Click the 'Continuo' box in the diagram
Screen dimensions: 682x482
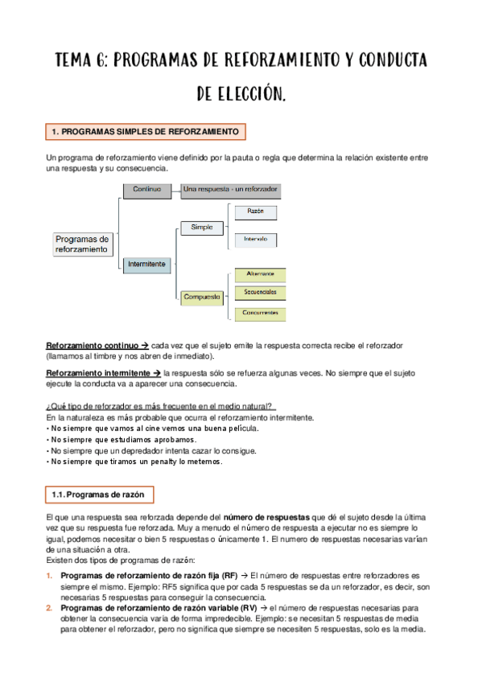(x=147, y=189)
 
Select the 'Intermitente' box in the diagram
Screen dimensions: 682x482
(x=146, y=263)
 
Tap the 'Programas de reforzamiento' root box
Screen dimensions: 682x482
(x=83, y=244)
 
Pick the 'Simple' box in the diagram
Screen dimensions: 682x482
(x=202, y=228)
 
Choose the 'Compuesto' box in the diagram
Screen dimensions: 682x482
(x=202, y=297)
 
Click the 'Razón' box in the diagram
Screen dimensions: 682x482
(x=256, y=212)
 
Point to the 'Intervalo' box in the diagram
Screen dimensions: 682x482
(x=256, y=240)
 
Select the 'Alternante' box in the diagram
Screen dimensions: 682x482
(x=260, y=274)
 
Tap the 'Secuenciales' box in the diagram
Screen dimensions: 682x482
(x=260, y=292)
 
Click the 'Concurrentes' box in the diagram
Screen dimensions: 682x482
(x=260, y=313)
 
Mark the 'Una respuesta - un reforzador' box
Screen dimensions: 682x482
(x=230, y=189)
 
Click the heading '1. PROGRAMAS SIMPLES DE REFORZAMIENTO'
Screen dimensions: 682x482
(x=145, y=131)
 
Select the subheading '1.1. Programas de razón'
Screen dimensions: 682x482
(x=97, y=494)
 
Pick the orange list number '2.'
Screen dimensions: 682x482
(x=49, y=609)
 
